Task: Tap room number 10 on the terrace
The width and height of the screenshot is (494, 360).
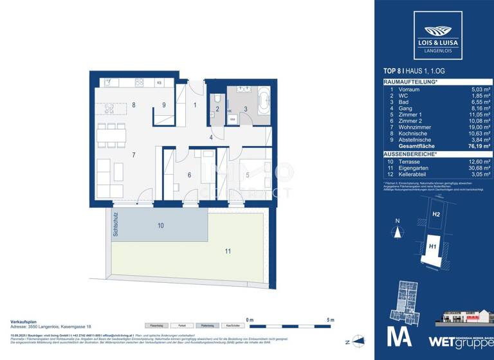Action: (161, 226)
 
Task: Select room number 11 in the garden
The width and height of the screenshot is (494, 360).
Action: (228, 251)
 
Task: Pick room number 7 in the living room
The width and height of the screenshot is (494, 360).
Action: (133, 155)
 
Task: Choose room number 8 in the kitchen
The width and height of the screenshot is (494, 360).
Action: (133, 104)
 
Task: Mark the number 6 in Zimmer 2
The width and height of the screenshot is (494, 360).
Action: (188, 174)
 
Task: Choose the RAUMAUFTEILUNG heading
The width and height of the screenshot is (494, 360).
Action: (410, 83)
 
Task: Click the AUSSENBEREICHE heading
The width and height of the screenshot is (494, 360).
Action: (410, 155)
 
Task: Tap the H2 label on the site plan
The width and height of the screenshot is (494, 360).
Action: (435, 214)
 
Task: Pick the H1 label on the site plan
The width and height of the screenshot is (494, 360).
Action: (433, 246)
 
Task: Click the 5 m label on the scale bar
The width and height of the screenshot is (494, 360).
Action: (331, 319)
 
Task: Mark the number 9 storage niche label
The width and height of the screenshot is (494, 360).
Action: (164, 105)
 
